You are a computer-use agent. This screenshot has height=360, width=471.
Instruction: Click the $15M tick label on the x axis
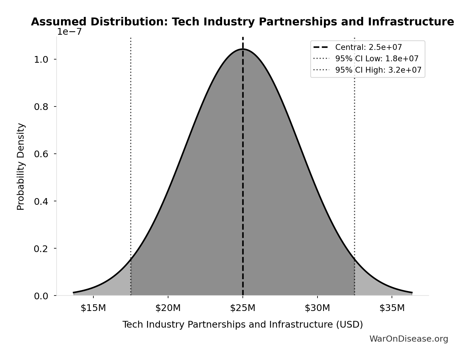tap(93, 308)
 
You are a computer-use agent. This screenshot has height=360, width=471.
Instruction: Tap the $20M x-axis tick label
tap(168, 308)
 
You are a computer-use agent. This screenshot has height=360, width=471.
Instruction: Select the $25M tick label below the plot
tap(243, 308)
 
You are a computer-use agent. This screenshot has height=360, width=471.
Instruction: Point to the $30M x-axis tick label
tap(318, 308)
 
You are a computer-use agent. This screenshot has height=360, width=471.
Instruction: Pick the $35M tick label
tap(392, 308)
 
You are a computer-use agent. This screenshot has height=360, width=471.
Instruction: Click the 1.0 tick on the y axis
tap(41, 60)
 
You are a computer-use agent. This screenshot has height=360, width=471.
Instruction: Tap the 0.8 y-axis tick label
tap(41, 107)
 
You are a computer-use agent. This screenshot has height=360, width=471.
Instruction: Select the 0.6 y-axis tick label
tap(41, 154)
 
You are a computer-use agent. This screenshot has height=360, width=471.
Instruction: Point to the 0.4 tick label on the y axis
tap(41, 201)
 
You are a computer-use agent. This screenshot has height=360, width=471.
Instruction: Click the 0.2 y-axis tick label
tap(41, 249)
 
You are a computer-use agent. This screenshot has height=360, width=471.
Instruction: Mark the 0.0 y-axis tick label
tap(41, 296)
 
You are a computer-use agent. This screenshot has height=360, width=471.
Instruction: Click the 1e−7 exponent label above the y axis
tap(69, 32)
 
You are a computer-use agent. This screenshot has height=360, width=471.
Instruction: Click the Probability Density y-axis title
tap(21, 167)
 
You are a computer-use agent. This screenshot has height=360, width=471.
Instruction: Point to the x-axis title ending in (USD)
tap(243, 325)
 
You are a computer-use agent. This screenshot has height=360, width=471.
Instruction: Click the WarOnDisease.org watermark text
tap(409, 339)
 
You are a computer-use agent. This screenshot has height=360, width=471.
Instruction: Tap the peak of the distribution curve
tap(243, 49)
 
